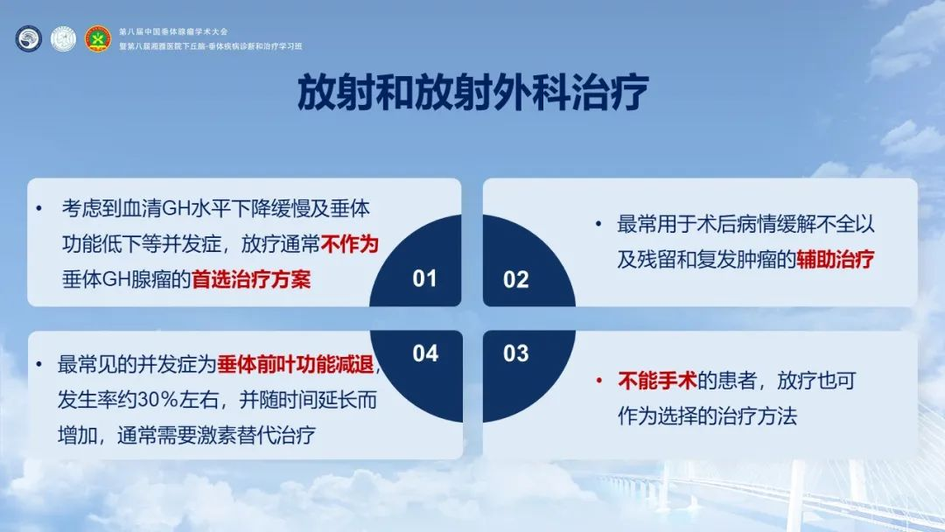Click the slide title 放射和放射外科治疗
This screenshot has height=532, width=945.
[x=472, y=92]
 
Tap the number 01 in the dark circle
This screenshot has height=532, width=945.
[x=424, y=278]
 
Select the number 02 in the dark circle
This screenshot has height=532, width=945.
[x=516, y=279]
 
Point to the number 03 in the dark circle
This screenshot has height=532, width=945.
[x=516, y=353]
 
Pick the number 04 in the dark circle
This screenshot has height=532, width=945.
[x=425, y=353]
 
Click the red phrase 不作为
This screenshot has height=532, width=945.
[x=349, y=244]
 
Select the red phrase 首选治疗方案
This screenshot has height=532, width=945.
[x=251, y=279]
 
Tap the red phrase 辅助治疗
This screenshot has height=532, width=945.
[x=836, y=260]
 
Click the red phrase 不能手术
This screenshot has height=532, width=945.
[x=657, y=380]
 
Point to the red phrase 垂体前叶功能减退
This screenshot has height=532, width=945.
[x=296, y=365]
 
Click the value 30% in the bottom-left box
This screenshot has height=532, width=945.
[x=157, y=400]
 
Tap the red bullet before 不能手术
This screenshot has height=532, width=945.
[x=599, y=380]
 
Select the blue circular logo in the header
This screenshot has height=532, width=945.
[x=28, y=38]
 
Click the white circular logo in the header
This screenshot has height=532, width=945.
[x=63, y=38]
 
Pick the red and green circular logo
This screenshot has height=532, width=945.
[x=98, y=38]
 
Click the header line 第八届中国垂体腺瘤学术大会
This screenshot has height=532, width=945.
[x=173, y=31]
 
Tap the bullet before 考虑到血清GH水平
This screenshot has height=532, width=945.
[x=39, y=208]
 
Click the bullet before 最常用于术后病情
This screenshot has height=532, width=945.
[x=598, y=224]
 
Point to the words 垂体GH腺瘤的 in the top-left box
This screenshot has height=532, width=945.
[x=127, y=279]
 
